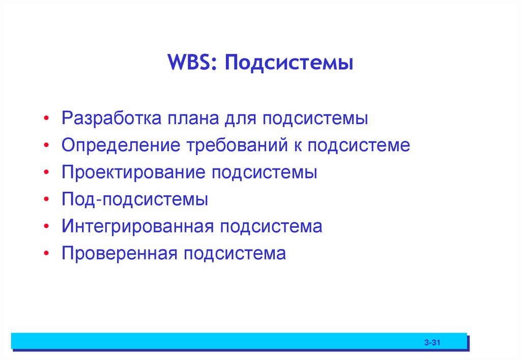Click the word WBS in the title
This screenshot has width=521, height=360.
coord(190,65)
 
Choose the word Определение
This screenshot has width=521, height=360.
coord(121,146)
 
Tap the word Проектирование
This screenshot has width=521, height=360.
coord(133,172)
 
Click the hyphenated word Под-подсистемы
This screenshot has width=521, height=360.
coord(135,199)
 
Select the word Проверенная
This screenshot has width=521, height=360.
coord(119,253)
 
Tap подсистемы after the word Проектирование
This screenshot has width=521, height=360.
coord(265,172)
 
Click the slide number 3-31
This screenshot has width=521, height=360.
coord(431,343)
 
